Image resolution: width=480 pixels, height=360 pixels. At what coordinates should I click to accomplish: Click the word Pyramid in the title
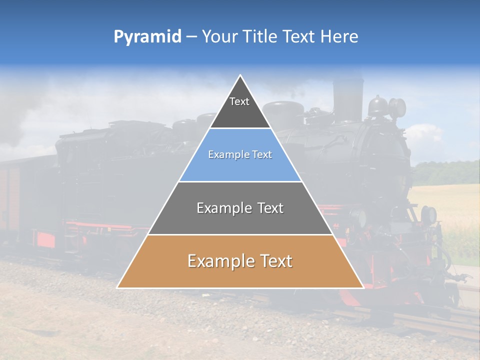point(147,37)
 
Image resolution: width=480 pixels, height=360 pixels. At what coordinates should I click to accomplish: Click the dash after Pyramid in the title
point(191,37)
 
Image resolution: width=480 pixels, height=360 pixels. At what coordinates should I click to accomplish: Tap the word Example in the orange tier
point(218,261)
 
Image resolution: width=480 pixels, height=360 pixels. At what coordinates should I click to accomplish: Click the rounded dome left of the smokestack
point(283,113)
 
